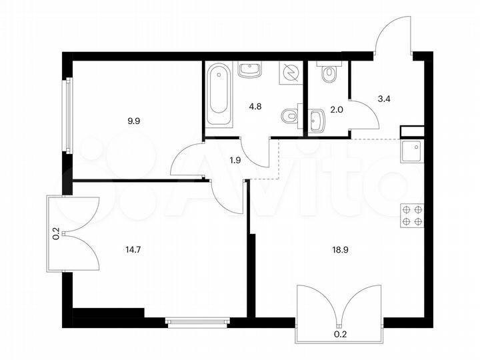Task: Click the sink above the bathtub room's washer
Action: pos(250,69)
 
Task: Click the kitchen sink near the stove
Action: pos(411,152)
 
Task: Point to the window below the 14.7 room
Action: pos(197,323)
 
